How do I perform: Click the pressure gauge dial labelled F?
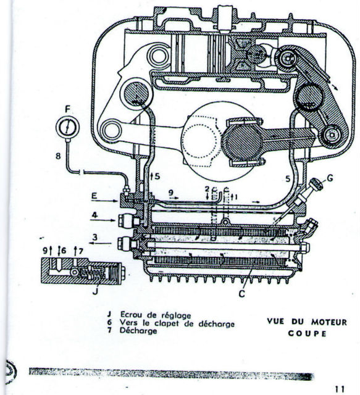point(67,127)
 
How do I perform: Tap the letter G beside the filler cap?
point(330,178)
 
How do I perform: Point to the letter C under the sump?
point(242,293)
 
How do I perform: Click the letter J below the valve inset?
point(95,292)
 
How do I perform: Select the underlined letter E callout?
point(94,196)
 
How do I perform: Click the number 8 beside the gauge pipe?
point(58,156)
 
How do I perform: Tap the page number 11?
point(340,389)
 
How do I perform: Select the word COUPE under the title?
point(307,334)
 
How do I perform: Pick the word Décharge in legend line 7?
point(138,331)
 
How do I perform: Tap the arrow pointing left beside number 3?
point(100,243)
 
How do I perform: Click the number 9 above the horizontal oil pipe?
point(171,193)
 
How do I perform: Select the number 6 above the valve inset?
point(63,251)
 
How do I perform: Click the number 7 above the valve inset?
point(81,251)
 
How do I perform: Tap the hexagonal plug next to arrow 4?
point(125,221)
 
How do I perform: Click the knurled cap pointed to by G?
point(317,185)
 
